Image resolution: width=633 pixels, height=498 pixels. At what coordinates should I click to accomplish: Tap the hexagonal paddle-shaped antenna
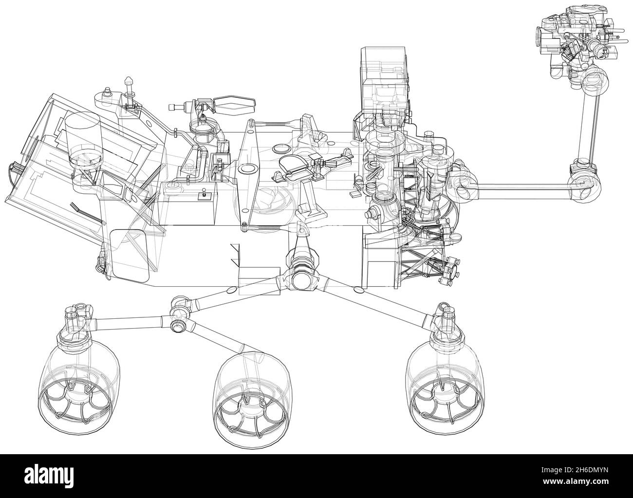235,102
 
